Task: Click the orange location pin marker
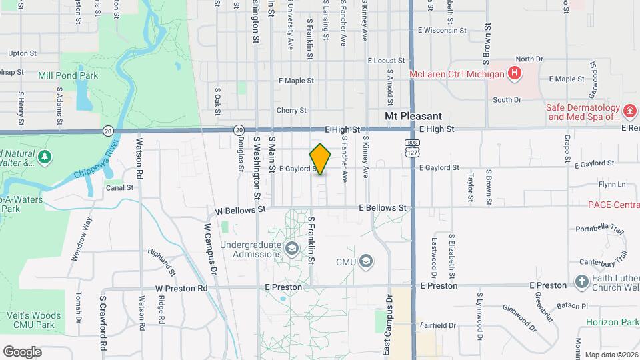[321, 159]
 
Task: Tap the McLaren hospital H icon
[514, 73]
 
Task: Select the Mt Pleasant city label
[413, 116]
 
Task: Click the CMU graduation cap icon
[365, 261]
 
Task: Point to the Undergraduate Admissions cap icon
[291, 249]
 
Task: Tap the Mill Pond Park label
[68, 76]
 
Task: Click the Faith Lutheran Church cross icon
[581, 282]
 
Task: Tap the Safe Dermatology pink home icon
[629, 110]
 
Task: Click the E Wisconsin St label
[442, 30]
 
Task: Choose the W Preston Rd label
[181, 289]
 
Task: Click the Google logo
[22, 351]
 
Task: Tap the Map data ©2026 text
[611, 355]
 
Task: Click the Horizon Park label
[611, 322]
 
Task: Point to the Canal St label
[119, 188]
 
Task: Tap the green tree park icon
[45, 157]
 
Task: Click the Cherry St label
[291, 110]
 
